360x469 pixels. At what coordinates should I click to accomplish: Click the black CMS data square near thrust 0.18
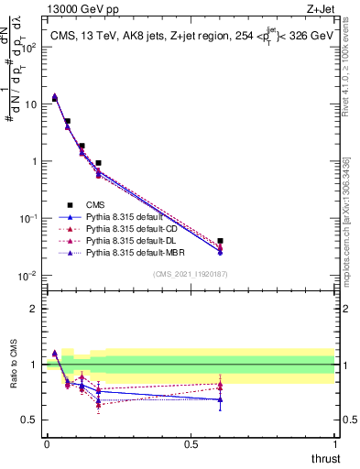(98, 163)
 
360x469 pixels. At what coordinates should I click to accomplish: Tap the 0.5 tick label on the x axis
(191, 444)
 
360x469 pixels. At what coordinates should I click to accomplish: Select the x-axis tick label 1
(334, 444)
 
